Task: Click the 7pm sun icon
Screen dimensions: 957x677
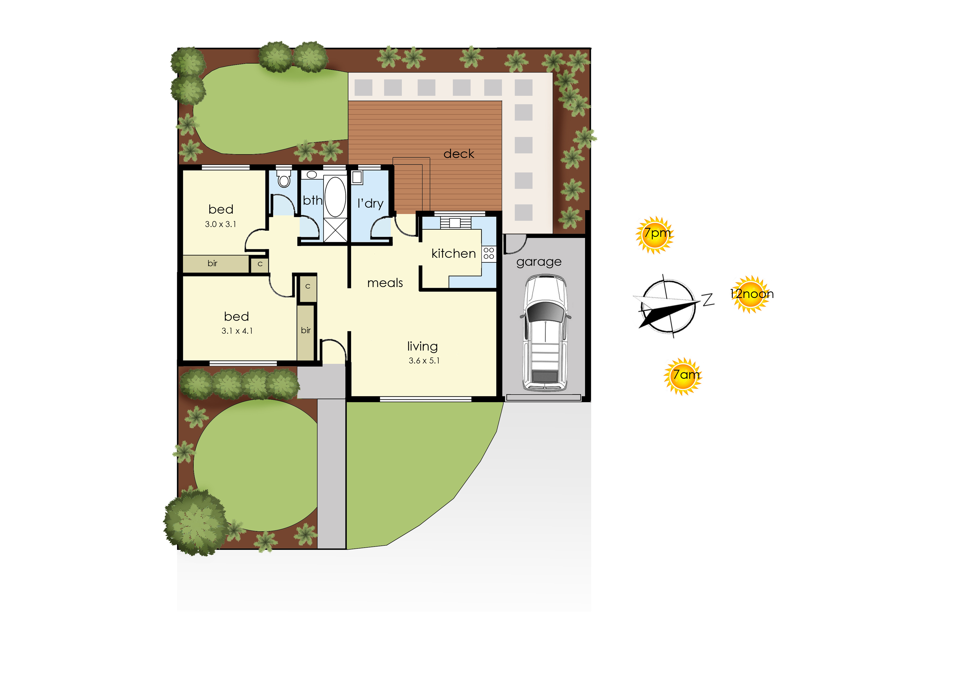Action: point(654,235)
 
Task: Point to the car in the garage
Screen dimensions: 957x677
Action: point(545,333)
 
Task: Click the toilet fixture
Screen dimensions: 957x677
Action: point(284,178)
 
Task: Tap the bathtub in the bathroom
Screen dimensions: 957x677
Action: point(335,197)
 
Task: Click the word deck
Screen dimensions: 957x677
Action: point(459,154)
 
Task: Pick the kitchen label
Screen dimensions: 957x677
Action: point(453,253)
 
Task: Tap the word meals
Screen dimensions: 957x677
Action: point(385,283)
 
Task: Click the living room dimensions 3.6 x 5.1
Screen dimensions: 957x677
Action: point(424,360)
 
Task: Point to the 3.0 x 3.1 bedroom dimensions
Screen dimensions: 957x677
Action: point(220,224)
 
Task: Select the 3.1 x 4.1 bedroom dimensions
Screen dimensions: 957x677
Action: point(237,331)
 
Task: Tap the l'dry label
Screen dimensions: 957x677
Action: point(370,204)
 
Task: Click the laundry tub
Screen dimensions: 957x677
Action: point(357,177)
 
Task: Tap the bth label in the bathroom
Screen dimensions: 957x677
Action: point(313,201)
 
